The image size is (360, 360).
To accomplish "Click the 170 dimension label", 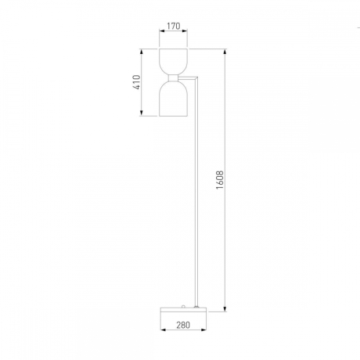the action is click(x=174, y=26).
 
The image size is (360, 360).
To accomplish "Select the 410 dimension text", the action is click(x=137, y=82).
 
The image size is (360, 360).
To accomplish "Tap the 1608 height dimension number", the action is click(x=220, y=180).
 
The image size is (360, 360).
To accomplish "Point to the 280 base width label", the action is click(x=183, y=325).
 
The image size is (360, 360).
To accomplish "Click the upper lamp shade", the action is click(x=173, y=62).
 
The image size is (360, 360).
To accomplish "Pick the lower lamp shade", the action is click(x=173, y=99).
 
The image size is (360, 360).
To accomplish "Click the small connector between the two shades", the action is click(x=173, y=78).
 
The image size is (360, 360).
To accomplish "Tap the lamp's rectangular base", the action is click(x=183, y=310).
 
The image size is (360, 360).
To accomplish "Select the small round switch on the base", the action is click(x=184, y=306).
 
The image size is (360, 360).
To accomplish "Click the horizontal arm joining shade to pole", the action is click(x=187, y=77).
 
